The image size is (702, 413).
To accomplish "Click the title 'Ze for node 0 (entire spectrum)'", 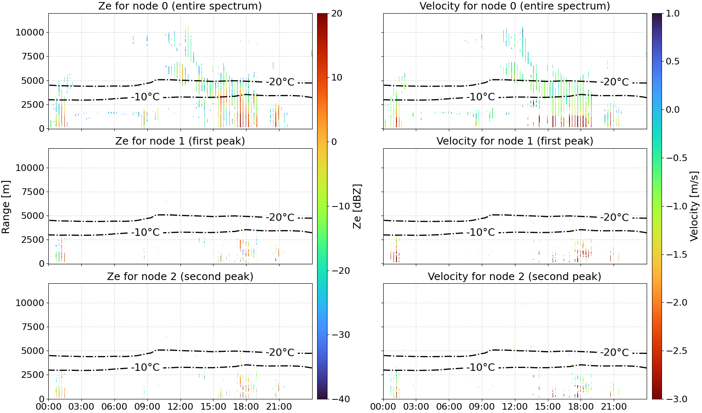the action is pos(180,6).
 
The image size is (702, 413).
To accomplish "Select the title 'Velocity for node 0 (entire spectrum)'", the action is pos(515,6).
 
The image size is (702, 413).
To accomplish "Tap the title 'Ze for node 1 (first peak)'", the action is pos(180,141).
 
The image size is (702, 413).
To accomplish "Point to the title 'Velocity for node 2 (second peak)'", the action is pos(515,276).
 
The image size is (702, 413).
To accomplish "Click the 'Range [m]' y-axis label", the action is pos(6,206).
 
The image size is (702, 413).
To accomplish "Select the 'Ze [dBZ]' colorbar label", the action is pos(357,206).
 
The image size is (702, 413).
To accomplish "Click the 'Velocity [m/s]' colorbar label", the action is pos(694,206).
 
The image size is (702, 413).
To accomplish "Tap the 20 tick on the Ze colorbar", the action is pos(337,14).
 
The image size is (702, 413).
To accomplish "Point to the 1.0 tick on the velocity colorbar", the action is pos(673,14).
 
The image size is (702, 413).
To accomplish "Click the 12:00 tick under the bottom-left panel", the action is pos(180,407).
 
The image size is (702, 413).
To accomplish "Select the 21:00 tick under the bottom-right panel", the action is pos(614,407).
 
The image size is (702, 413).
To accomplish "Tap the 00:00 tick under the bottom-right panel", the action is pos(383,407).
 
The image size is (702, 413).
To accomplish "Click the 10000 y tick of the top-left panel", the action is pos(30,32).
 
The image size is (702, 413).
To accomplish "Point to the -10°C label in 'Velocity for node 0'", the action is pos(480,97).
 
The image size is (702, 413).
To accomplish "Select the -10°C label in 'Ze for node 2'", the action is pos(145,367).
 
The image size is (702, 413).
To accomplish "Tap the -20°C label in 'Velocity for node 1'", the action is pos(614,218).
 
